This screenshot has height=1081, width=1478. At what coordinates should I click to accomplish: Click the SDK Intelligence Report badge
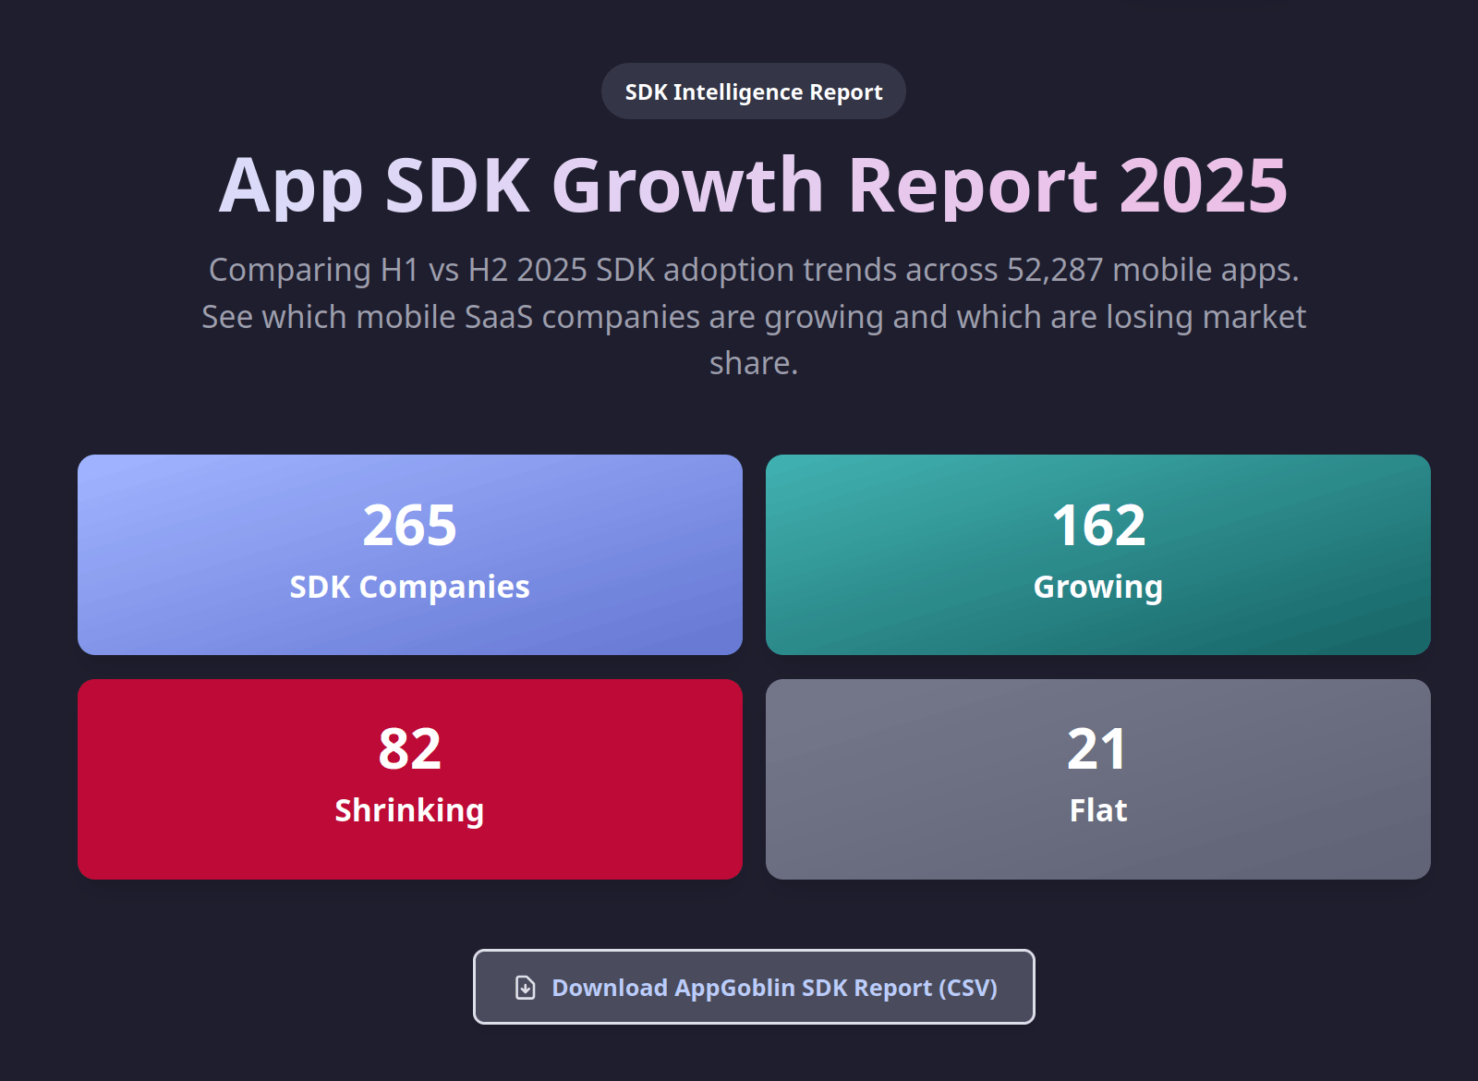point(753,91)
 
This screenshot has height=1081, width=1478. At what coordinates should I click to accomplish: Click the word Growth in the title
point(687,186)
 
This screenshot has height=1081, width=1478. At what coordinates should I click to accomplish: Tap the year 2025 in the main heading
point(1203,186)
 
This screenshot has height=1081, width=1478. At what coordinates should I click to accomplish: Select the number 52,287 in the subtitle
point(1054,270)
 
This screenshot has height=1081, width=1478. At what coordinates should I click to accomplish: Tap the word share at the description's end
point(752,363)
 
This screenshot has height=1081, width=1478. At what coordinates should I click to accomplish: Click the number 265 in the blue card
point(409,525)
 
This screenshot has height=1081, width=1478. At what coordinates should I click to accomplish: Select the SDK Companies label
point(409,587)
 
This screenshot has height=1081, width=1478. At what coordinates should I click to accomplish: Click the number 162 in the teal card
point(1098,525)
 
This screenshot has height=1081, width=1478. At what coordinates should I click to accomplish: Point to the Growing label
point(1097,588)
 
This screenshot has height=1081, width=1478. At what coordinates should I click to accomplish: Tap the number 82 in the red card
point(409,748)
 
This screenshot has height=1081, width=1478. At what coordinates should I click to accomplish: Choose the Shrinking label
point(409,810)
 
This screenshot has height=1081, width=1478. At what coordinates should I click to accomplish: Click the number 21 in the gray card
point(1097,748)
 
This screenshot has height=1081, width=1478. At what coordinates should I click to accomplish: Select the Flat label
point(1097,810)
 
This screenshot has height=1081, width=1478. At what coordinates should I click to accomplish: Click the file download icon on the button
point(525,988)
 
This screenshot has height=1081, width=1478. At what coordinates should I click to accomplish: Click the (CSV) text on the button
point(968,988)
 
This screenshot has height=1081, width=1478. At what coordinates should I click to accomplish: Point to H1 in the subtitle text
point(399,270)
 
